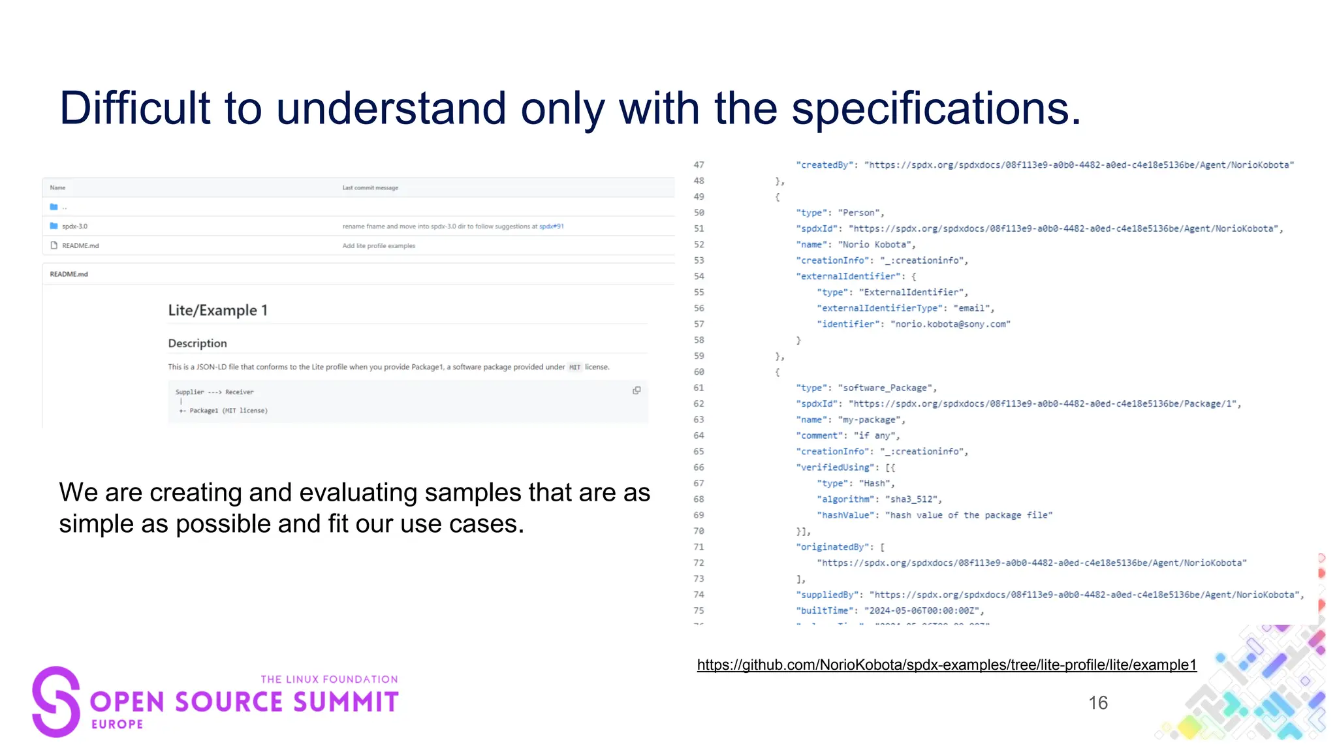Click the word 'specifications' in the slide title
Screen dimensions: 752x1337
(935, 108)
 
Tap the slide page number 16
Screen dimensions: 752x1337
(1098, 703)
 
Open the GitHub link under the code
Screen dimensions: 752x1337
(947, 665)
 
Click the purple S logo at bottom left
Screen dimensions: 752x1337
(56, 702)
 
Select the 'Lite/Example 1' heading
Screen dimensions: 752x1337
(218, 310)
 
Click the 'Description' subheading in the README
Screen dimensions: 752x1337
(198, 343)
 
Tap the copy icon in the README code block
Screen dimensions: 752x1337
(637, 390)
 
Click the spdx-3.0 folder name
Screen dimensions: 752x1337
(74, 227)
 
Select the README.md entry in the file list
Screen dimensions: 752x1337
(80, 246)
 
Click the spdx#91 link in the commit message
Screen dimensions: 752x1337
(552, 227)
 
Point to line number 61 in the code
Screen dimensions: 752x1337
(699, 388)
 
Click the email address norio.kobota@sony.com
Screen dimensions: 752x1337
(951, 324)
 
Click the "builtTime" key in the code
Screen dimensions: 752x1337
(825, 611)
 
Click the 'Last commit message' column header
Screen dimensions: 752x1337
(370, 188)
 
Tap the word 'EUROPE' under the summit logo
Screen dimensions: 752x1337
(118, 725)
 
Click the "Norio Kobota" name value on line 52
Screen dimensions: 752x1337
(877, 245)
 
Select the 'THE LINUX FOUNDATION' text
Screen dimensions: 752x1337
(329, 680)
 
